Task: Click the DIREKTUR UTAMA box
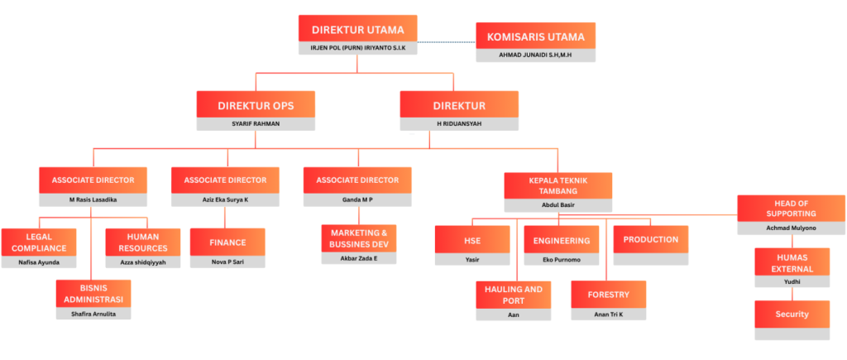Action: pos(357,29)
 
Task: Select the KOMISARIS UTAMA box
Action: pos(535,36)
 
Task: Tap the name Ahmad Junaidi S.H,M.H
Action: pos(535,55)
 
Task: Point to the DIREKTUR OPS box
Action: pos(256,105)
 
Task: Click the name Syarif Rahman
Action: pos(256,123)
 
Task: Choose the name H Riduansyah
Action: pos(459,123)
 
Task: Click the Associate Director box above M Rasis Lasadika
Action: pos(93,180)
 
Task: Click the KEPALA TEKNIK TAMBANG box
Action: pos(558,185)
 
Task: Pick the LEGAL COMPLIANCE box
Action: pos(39,242)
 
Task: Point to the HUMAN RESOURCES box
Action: pos(142,242)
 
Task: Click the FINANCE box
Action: pos(227,242)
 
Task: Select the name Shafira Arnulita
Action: pos(93,314)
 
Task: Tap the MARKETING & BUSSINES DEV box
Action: pos(358,238)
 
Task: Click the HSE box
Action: pos(472,240)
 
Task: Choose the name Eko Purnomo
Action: pos(561,259)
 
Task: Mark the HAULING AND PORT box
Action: pos(513,295)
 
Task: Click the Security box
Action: pos(792,314)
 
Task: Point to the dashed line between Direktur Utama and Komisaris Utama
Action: pos(447,41)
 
